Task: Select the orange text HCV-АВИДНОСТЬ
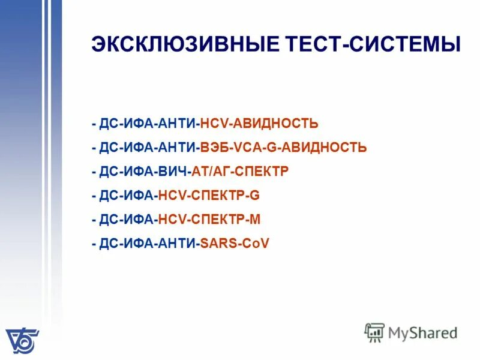coord(259,124)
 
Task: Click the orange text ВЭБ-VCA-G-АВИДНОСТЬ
coord(283,148)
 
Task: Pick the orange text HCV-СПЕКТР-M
coord(209,220)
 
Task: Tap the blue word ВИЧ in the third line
coord(174,172)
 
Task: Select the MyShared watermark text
coord(422,332)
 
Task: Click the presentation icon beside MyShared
coord(374,332)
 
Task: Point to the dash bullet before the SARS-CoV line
coord(94,244)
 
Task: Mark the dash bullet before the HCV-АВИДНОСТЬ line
coord(94,124)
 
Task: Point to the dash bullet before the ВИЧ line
coord(94,172)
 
